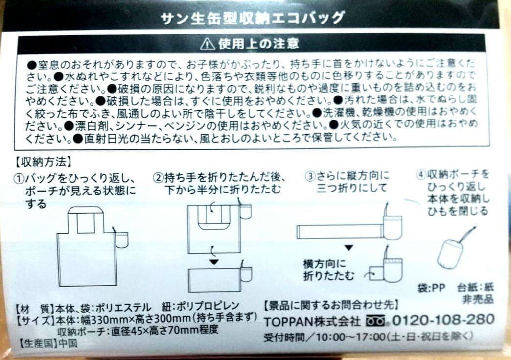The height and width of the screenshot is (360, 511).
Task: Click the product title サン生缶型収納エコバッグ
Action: [x=253, y=18]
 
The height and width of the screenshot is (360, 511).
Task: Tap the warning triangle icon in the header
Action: [x=207, y=45]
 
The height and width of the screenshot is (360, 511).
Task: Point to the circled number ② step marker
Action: [x=158, y=178]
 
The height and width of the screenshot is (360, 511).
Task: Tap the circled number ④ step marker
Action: [x=421, y=175]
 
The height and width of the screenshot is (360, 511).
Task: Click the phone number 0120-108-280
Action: [x=443, y=319]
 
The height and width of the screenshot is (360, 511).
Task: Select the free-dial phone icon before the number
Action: [x=375, y=321]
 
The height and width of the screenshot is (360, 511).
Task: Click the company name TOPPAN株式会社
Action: [x=312, y=321]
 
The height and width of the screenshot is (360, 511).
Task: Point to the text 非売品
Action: [x=478, y=299]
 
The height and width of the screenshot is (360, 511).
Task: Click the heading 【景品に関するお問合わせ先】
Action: [x=331, y=305]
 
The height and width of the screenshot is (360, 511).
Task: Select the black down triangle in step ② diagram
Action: [x=214, y=262]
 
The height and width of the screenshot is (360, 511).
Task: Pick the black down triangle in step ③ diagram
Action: [x=349, y=248]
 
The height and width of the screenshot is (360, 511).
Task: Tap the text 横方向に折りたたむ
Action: [x=328, y=270]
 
